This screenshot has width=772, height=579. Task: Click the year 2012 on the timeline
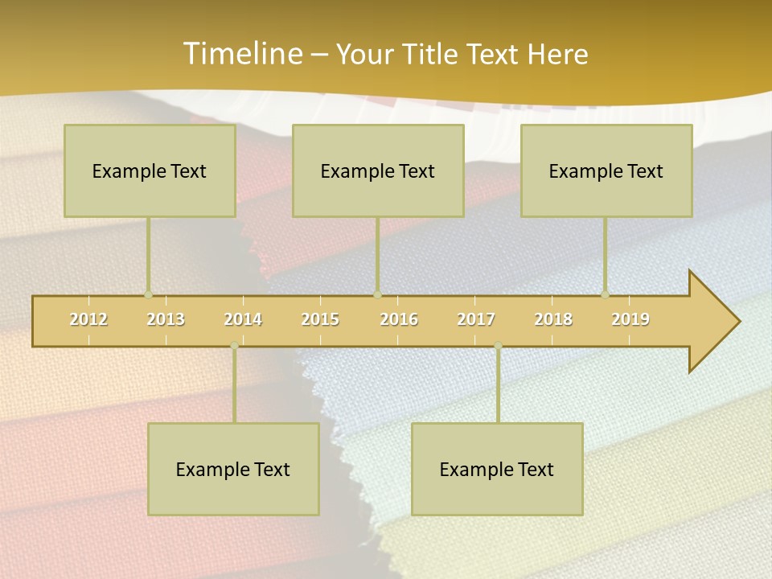click(x=88, y=319)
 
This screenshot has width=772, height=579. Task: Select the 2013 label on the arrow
click(x=166, y=319)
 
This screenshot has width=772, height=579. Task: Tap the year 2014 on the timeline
click(x=243, y=319)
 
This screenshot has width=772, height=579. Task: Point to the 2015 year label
click(x=320, y=319)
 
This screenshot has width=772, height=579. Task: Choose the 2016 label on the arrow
click(x=399, y=319)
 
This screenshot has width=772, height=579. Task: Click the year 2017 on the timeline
click(x=476, y=319)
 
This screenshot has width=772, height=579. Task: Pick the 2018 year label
click(x=553, y=319)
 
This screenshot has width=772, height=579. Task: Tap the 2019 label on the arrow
click(x=630, y=319)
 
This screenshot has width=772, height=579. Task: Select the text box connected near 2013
click(x=150, y=170)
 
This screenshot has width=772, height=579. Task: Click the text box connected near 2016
click(x=378, y=170)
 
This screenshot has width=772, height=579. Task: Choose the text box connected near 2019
click(x=606, y=170)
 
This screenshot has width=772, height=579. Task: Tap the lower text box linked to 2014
click(x=233, y=469)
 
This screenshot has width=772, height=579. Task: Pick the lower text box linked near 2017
click(x=497, y=469)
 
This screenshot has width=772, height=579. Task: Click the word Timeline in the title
click(x=241, y=53)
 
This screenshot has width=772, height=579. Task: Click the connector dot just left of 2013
click(x=148, y=295)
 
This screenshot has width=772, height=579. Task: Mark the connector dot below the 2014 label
click(x=234, y=346)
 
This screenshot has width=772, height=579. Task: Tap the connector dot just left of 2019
click(x=605, y=295)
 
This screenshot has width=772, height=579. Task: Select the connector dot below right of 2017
click(x=498, y=346)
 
